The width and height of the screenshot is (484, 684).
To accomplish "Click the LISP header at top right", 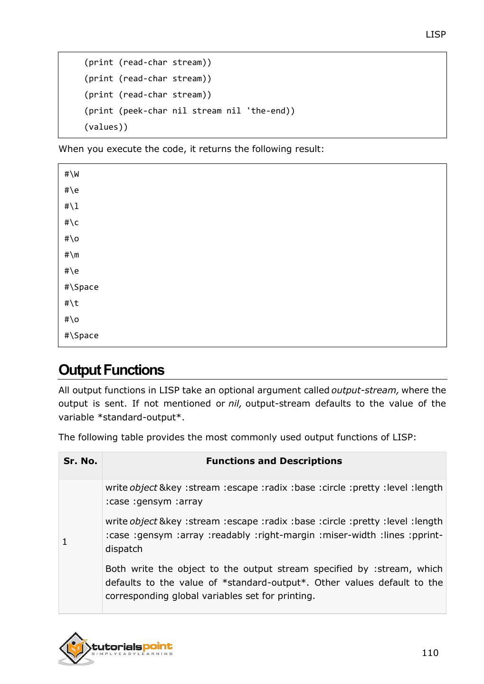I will tap(435, 34).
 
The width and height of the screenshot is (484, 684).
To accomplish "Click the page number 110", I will tap(430, 653).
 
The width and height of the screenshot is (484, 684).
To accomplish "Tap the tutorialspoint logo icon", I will tap(75, 648).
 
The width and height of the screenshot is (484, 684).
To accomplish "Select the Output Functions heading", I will tap(111, 370).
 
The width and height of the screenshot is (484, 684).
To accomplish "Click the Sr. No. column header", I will tap(80, 461).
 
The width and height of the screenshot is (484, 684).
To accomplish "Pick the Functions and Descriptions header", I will tap(274, 461).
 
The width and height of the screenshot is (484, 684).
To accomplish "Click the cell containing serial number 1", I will tap(65, 541).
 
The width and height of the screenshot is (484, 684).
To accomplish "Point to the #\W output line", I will tap(72, 174).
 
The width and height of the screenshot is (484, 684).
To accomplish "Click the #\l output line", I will tap(72, 206).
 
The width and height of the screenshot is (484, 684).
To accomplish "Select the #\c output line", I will tap(72, 222).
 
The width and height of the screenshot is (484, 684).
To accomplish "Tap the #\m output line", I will tap(72, 255).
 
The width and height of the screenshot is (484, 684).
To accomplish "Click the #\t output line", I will tap(72, 303).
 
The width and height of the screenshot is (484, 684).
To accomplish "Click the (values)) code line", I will tap(106, 127).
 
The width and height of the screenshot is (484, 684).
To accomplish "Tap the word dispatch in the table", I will tap(123, 549).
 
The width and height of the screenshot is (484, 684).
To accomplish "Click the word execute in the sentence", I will tap(124, 149).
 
